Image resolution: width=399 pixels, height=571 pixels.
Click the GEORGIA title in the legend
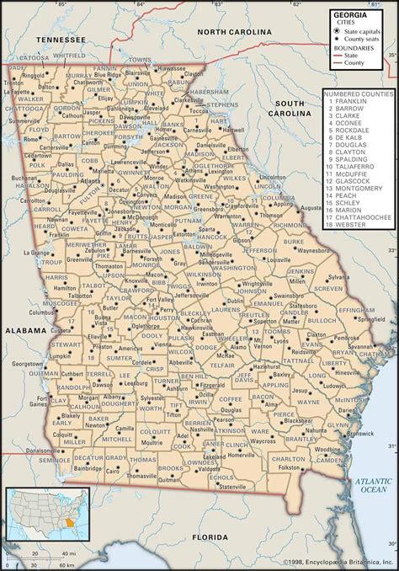click(x=348, y=15)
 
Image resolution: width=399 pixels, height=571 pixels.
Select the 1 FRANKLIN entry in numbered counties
click(x=348, y=102)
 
